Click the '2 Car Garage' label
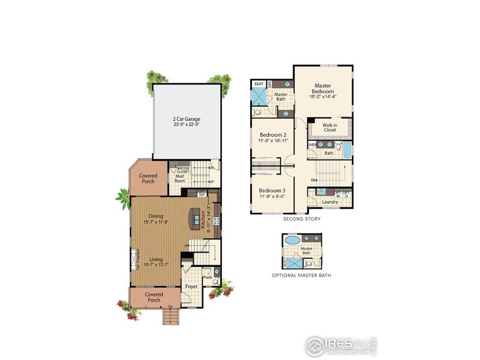point(185,122)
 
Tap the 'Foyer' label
point(191,286)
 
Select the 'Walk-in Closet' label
point(329,127)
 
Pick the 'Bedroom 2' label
point(273,137)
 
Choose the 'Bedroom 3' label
point(273,193)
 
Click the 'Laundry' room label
point(329,202)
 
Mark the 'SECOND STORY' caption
point(301,220)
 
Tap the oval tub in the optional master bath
point(292,240)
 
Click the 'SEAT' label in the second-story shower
point(259,84)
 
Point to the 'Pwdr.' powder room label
point(207,278)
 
